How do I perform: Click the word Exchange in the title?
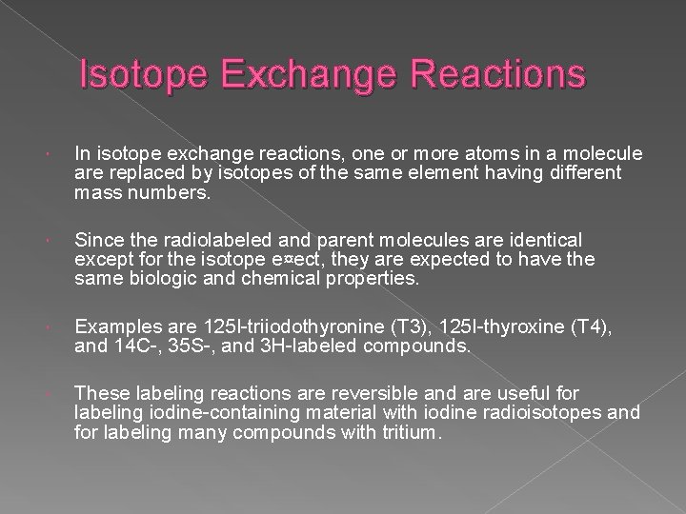[x=295, y=74]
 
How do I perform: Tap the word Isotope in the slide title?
[x=142, y=74]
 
